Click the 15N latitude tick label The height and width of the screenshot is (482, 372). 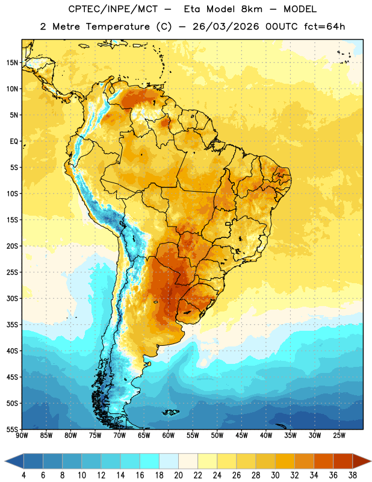[x=12, y=63]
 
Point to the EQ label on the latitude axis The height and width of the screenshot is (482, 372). [x=14, y=142]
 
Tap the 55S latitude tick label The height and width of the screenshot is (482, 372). [x=12, y=429]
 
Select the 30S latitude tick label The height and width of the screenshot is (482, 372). [x=12, y=298]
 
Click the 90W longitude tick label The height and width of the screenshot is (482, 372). [x=22, y=435]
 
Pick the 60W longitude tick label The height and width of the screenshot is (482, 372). [x=169, y=435]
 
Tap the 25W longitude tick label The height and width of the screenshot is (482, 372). [x=339, y=435]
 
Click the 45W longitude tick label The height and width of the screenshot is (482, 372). [x=241, y=435]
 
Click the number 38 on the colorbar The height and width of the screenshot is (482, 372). [x=352, y=475]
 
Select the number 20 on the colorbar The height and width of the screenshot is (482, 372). [x=178, y=475]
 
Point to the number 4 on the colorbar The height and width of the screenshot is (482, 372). [x=23, y=475]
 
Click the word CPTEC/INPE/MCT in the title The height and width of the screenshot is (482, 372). [x=113, y=9]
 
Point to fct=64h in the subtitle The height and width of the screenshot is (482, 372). [x=324, y=27]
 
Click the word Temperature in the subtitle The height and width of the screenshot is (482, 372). [x=117, y=27]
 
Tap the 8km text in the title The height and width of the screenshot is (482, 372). [x=252, y=9]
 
